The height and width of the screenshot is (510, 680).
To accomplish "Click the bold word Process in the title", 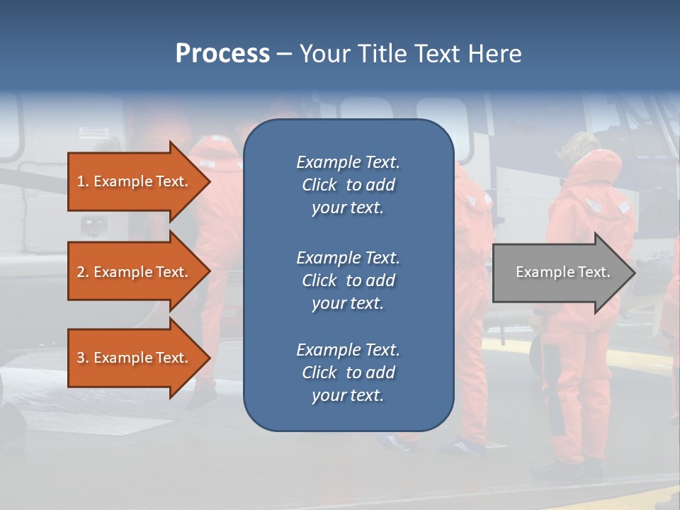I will tap(222, 54).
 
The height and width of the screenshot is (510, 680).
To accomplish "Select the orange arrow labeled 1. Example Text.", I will tap(135, 181).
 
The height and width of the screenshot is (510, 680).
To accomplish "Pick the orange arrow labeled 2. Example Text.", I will tap(135, 272).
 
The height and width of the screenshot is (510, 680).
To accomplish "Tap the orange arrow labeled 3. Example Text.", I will tap(135, 358).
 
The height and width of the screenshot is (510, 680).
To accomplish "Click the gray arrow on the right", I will tap(560, 273).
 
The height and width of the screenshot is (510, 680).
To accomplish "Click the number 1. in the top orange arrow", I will tap(82, 181).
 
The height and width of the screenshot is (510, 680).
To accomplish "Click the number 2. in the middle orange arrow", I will tap(82, 272).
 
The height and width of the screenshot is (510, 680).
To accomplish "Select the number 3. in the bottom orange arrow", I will tap(82, 358).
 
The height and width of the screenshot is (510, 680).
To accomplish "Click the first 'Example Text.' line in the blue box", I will tap(348, 162).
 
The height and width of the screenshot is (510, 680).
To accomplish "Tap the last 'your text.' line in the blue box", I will tap(348, 395).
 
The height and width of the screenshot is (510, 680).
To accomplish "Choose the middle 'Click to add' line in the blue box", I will tap(348, 280).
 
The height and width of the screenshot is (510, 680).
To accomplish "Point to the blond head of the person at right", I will tap(575, 145).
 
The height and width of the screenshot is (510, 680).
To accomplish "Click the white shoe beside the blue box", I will tap(464, 447).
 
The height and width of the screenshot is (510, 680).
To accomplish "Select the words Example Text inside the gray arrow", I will tap(562, 272).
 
